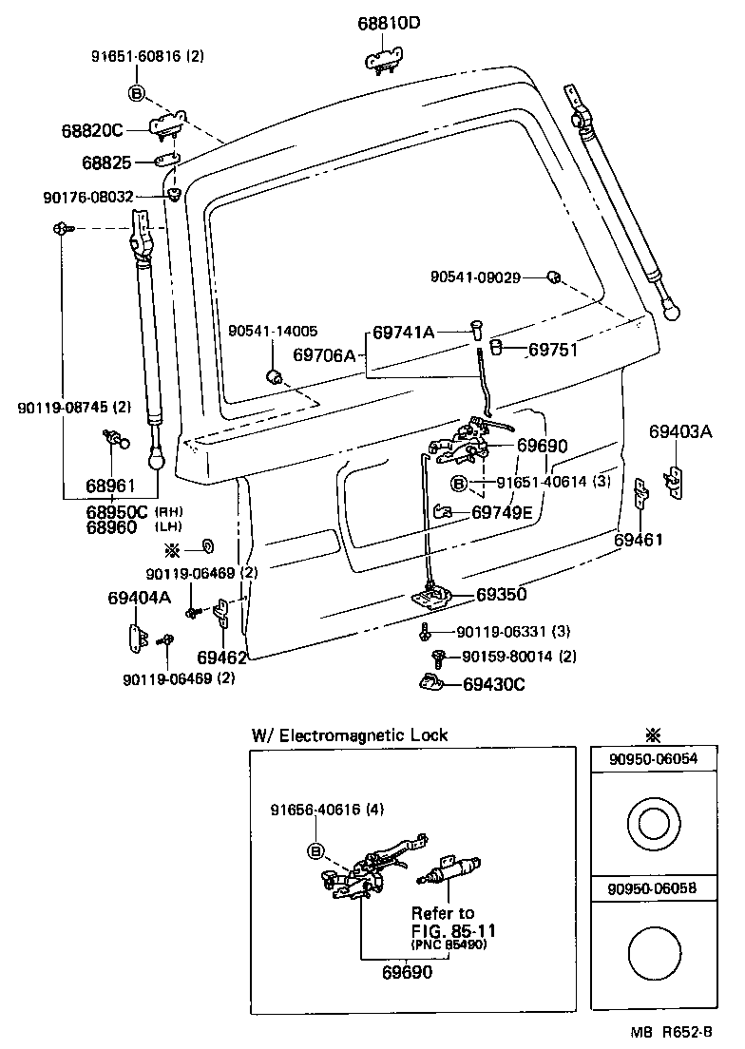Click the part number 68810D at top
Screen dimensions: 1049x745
[389, 22]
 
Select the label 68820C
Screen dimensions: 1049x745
[93, 131]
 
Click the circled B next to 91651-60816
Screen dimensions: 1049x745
[136, 92]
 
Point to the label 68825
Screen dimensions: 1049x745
[105, 163]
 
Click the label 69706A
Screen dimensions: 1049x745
[323, 355]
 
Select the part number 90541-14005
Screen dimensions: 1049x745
[273, 331]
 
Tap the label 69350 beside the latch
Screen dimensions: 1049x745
[501, 595]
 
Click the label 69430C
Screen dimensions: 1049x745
[494, 684]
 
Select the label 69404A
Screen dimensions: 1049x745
[139, 598]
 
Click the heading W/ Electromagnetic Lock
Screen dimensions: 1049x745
[349, 734]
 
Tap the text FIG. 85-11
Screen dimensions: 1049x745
[453, 930]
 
